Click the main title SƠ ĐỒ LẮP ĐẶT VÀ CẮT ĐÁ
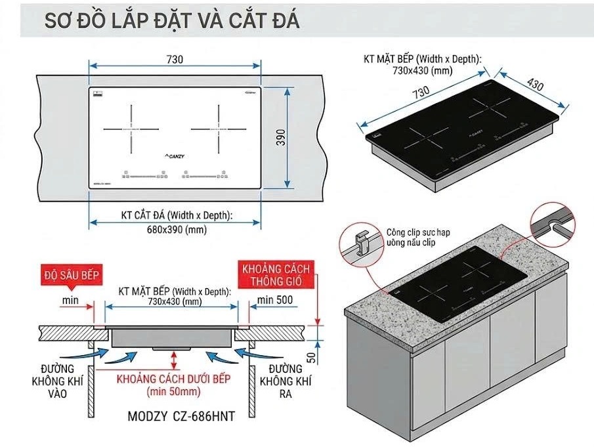(x=172, y=20)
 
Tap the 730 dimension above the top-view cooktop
(x=175, y=59)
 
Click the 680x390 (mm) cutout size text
(x=175, y=229)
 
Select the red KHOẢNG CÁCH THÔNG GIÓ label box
(x=276, y=276)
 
